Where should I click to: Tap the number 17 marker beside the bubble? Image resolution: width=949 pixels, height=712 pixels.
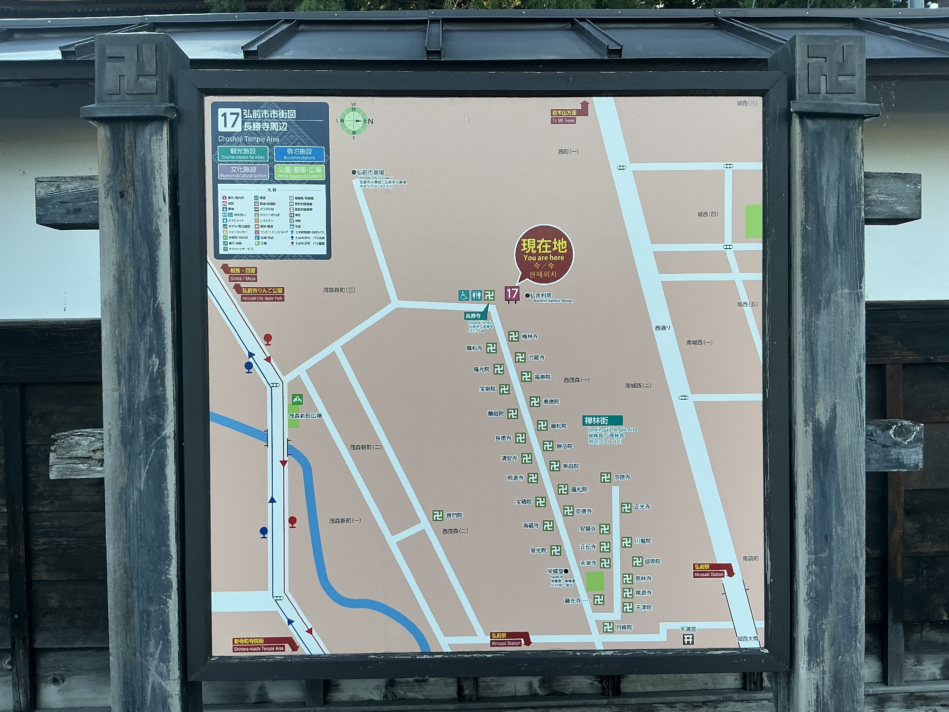(512, 294)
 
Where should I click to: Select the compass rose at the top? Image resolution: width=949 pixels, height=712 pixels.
(354, 121)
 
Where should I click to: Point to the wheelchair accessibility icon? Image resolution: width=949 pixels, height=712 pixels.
(464, 295)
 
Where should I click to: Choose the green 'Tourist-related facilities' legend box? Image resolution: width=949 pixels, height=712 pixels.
(243, 153)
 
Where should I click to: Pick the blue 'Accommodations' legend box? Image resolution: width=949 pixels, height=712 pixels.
(299, 153)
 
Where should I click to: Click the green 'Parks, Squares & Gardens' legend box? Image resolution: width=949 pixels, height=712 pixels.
(299, 172)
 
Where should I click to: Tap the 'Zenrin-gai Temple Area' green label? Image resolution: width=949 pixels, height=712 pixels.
(602, 421)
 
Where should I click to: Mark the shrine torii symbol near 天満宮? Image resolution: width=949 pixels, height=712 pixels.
(688, 639)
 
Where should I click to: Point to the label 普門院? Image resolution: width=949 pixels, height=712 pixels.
(454, 515)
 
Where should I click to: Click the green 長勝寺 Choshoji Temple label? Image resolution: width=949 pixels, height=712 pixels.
(473, 316)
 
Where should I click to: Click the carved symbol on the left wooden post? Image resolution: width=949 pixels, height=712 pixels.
(131, 71)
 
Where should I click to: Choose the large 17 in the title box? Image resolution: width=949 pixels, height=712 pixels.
(229, 120)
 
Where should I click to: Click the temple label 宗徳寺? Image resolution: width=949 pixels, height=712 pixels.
(622, 478)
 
